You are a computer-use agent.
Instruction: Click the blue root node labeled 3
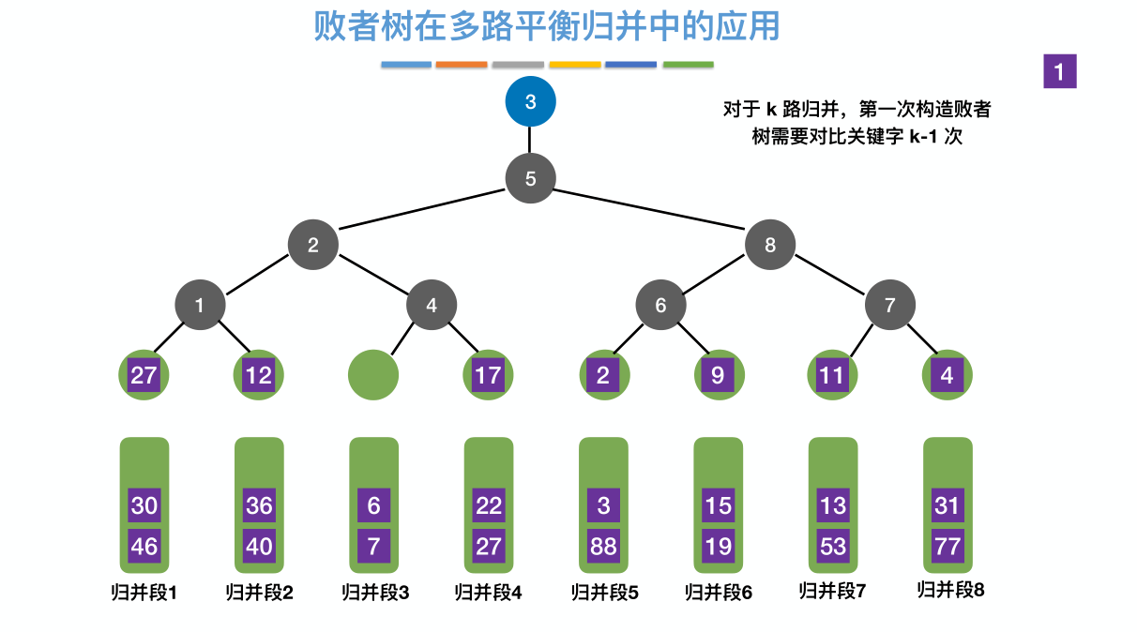[530, 101]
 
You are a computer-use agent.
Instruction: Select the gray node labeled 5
[530, 178]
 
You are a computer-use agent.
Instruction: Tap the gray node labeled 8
[770, 245]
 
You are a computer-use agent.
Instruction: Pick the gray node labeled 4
[431, 305]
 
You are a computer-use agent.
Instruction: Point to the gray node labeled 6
[660, 305]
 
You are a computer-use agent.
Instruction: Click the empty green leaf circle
[373, 376]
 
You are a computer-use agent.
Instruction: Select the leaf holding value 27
[144, 376]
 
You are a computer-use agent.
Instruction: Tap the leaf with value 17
[488, 376]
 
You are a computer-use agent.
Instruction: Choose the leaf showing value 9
[718, 376]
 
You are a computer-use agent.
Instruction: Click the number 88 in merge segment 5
[603, 546]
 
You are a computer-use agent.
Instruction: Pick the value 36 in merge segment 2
[259, 506]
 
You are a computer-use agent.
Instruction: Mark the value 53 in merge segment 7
[833, 546]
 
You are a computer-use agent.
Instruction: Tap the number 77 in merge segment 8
[947, 546]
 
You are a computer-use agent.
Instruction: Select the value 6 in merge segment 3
[373, 506]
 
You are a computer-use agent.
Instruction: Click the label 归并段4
[488, 593]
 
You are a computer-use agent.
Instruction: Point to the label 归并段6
[718, 593]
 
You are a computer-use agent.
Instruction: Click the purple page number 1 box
[1059, 72]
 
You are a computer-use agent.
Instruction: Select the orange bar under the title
[462, 65]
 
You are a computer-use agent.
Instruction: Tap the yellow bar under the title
[575, 65]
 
